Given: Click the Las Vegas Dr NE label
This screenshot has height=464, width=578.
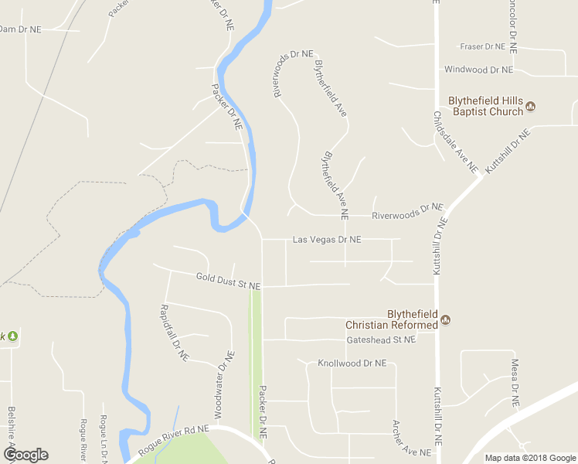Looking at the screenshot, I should (327, 240).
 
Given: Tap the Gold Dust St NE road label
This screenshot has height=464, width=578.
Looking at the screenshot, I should (228, 281).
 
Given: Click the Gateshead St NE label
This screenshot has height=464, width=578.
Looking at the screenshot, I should (382, 339).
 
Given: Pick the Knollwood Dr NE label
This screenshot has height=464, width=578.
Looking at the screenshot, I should (352, 363).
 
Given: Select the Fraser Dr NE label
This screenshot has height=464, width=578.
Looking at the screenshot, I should (482, 46).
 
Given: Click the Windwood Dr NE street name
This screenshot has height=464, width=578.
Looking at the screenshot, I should (478, 70).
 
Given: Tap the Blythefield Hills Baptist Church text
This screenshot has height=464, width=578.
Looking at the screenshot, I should (486, 107).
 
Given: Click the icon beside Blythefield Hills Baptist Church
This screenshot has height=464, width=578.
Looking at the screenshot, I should (531, 106).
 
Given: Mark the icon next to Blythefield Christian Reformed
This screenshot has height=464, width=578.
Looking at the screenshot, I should (445, 319).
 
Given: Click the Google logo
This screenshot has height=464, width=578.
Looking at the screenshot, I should (25, 455).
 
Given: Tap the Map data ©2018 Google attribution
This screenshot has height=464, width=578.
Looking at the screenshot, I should (530, 458).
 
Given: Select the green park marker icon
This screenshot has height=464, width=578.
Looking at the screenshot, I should (12, 336).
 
